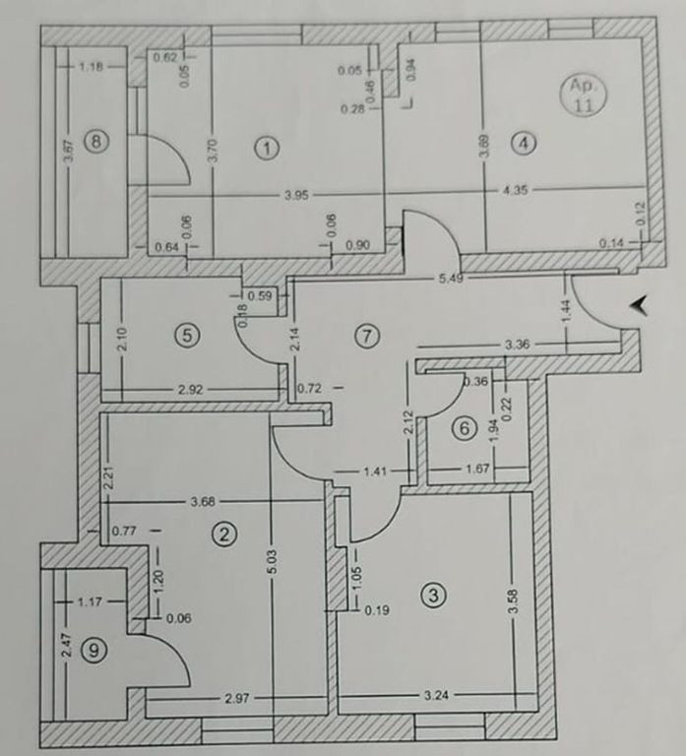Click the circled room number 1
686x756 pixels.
click(266, 148)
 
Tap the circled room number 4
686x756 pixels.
click(524, 143)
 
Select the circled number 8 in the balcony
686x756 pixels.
click(96, 142)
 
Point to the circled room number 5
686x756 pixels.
click(187, 335)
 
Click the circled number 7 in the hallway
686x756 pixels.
click(367, 336)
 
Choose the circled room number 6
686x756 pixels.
click(465, 428)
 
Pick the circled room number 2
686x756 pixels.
click(224, 534)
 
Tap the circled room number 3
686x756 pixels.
click(433, 596)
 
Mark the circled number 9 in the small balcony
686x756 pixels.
click(94, 651)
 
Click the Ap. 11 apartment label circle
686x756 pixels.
click(583, 95)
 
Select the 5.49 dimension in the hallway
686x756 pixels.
click(451, 279)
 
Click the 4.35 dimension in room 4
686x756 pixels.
click(515, 190)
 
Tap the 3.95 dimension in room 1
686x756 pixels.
click(296, 196)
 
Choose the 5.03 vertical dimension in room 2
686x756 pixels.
click(272, 563)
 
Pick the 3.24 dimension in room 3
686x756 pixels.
click(436, 695)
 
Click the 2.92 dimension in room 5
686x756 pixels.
click(190, 389)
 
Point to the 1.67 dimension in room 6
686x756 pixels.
click(477, 469)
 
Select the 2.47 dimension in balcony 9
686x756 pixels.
click(67, 645)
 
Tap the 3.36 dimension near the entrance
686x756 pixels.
click(517, 345)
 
